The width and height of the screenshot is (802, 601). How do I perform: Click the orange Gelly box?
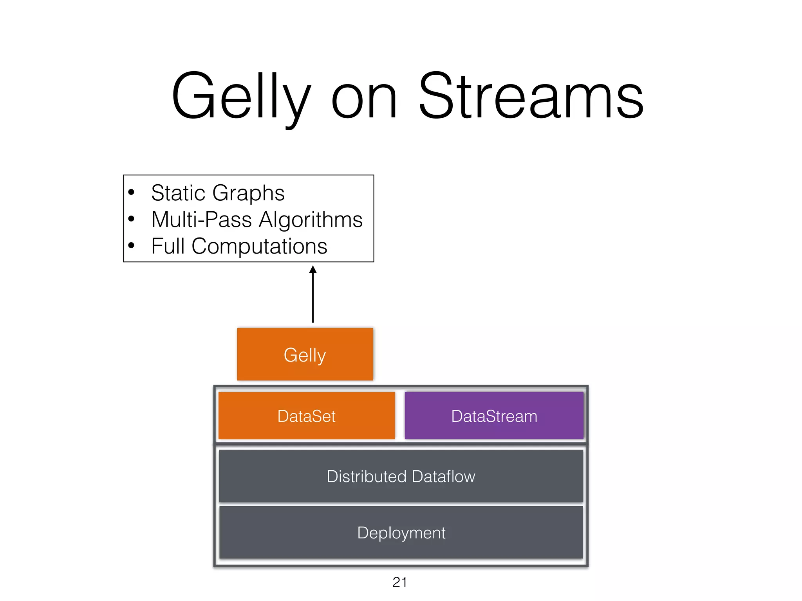click(x=305, y=354)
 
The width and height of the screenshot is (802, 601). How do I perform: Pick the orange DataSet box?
click(x=306, y=416)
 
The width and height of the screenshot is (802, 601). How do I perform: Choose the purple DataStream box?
click(x=494, y=416)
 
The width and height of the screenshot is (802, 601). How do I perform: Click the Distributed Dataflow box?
click(x=401, y=476)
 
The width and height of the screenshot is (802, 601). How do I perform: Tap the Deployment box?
click(x=401, y=533)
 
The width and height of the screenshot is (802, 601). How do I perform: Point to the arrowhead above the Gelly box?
click(x=312, y=270)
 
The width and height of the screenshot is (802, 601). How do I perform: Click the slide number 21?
click(x=399, y=582)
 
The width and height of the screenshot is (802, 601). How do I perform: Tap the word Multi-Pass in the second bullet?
click(x=201, y=220)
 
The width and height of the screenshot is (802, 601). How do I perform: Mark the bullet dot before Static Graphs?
click(x=132, y=192)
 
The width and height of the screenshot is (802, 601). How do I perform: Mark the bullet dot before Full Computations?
click(x=132, y=245)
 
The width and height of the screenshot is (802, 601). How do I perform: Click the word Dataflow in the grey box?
click(x=443, y=476)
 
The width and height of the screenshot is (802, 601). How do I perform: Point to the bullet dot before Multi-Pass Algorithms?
click(x=132, y=219)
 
